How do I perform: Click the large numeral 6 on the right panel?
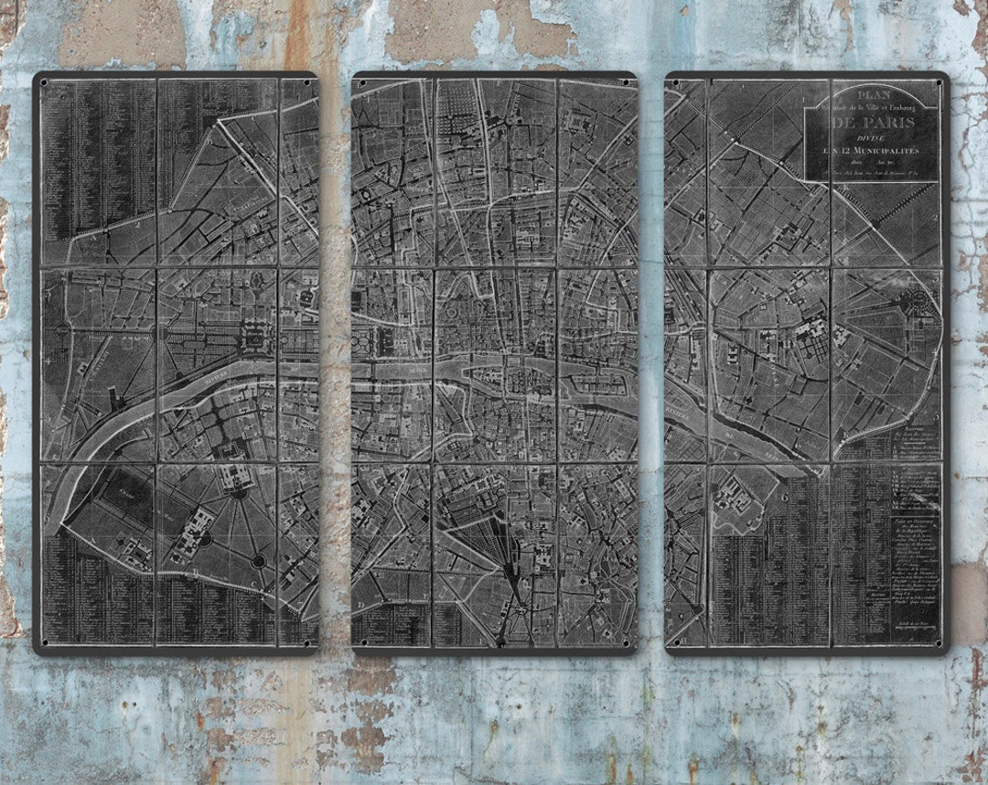click(x=785, y=496)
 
